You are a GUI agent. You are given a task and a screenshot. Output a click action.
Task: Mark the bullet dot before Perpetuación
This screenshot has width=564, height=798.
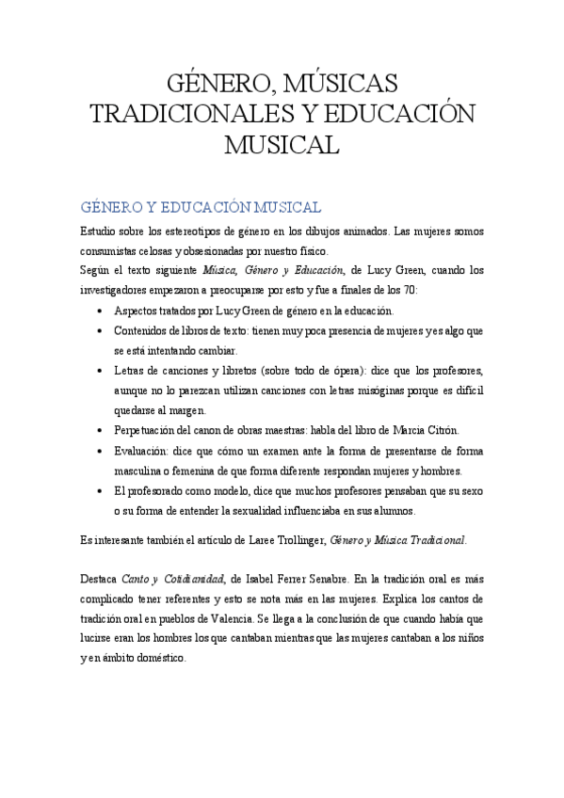102,430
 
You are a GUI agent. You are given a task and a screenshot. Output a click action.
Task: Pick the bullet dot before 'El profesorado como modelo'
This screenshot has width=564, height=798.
102,491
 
